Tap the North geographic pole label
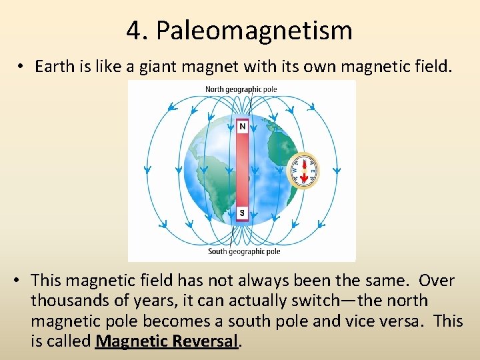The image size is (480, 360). tap(241, 89)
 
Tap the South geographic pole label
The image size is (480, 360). tap(244, 251)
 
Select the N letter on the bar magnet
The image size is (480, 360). tap(242, 127)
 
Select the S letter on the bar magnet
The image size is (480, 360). tap(242, 213)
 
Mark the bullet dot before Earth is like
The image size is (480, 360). tap(22, 67)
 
